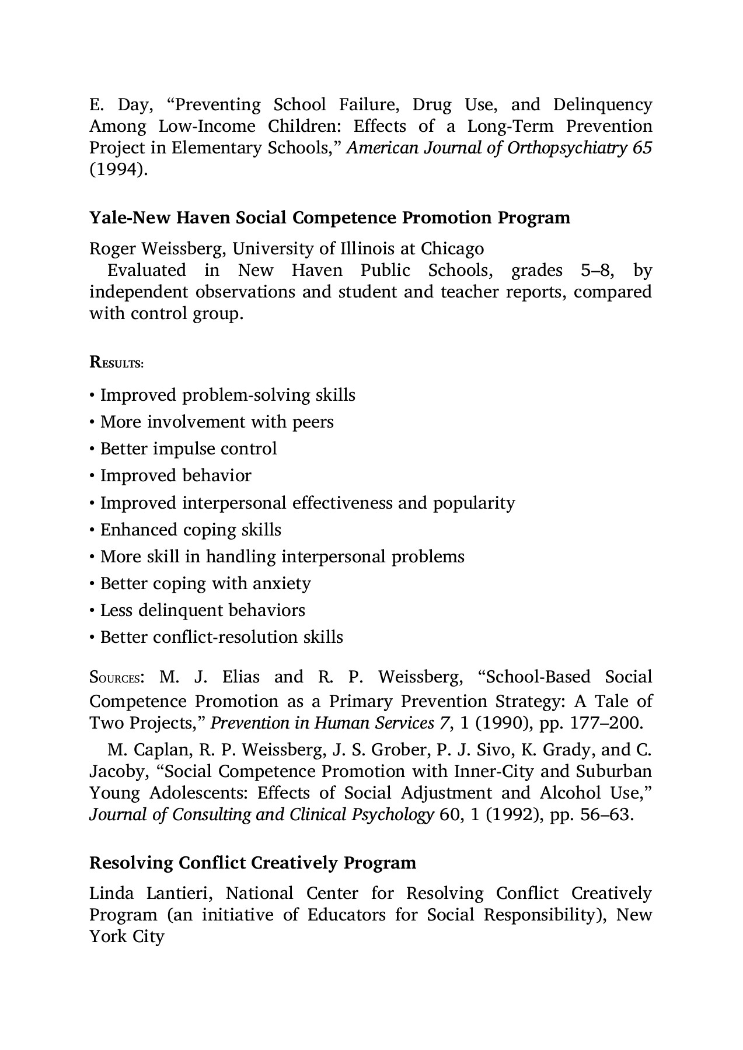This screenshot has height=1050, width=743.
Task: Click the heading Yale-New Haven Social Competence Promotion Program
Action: coord(329,218)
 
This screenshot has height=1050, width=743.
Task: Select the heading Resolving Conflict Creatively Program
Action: coord(252,862)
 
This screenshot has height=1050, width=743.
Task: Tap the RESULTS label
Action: coord(116,363)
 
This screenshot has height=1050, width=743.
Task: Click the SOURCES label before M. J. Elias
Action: coord(114,678)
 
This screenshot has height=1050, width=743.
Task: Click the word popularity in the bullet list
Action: coord(474,503)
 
